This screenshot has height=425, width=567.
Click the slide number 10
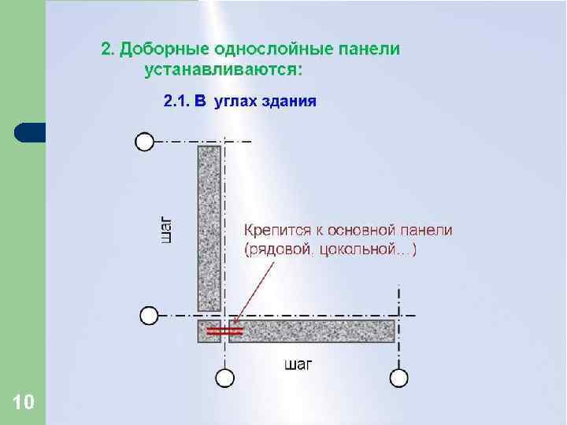click(24, 403)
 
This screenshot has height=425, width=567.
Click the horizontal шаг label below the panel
click(298, 364)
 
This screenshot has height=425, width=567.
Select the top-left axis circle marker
click(144, 141)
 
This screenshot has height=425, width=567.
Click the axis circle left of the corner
click(149, 316)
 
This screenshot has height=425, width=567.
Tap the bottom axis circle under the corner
click(225, 379)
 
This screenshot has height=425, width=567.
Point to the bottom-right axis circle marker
click(400, 379)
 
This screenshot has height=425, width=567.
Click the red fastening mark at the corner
click(220, 331)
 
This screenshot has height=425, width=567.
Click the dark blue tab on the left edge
click(30, 132)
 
